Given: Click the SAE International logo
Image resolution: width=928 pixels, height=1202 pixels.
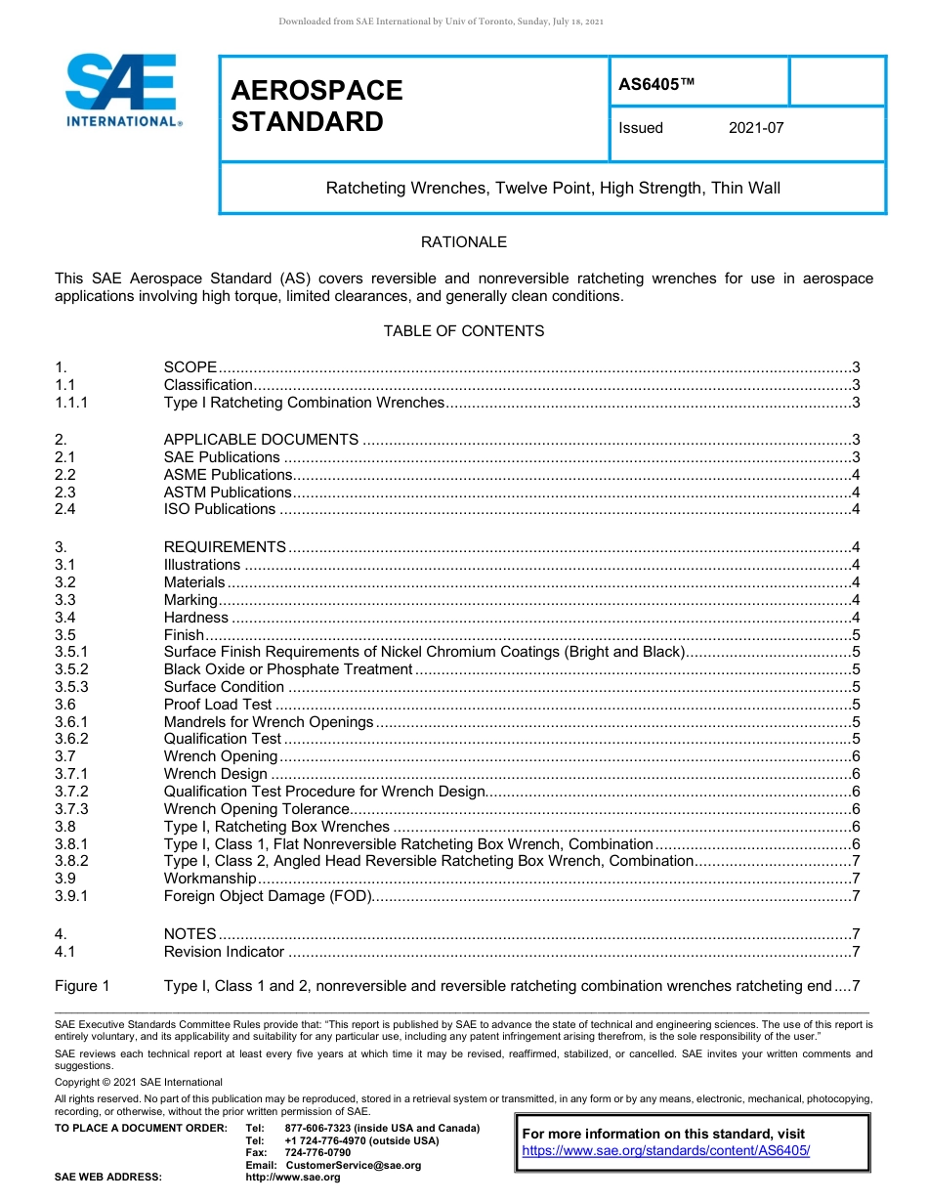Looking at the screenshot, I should click(122, 90).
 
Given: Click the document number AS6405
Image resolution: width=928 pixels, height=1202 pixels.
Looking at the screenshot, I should click(656, 84).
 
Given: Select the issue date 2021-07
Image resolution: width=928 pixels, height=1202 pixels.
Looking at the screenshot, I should click(756, 128).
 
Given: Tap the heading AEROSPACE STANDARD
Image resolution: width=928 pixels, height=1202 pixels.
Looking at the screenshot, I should click(316, 106).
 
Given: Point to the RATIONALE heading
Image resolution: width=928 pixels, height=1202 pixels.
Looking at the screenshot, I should click(463, 242).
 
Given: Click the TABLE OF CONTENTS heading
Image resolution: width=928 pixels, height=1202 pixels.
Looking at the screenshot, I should click(463, 331).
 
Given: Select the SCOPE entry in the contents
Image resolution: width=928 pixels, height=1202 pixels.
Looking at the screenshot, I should click(190, 367).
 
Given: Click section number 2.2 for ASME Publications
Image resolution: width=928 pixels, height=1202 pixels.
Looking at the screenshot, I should click(65, 475).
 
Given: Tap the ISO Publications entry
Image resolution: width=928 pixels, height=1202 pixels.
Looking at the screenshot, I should click(220, 509).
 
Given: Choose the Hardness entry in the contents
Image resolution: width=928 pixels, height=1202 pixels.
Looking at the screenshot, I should click(195, 618).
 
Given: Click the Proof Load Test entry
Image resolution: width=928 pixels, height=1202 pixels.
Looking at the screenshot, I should click(218, 705).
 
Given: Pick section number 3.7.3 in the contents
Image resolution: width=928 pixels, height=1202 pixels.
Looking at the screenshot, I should click(72, 809).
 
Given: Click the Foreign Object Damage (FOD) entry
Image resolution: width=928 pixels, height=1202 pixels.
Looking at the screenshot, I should click(267, 896).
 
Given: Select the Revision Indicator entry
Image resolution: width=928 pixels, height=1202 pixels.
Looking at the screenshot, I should click(224, 952).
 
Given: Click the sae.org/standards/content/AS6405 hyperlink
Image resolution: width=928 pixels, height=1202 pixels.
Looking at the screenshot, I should click(666, 1150).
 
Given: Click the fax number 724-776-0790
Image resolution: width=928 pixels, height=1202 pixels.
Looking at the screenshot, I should click(317, 1153).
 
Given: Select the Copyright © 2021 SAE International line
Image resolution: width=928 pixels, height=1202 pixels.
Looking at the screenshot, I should click(139, 1082).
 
